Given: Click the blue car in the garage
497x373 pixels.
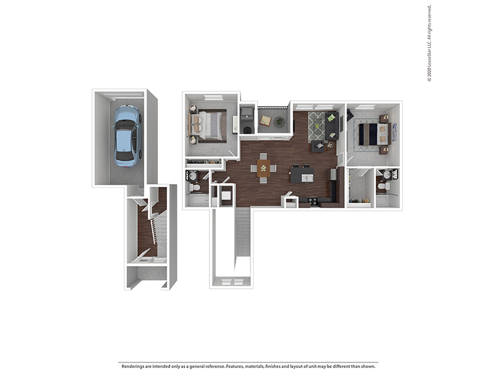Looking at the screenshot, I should [127, 136].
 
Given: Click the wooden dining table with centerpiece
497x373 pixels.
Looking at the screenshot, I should [263, 168].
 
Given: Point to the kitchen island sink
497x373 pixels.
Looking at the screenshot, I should [306, 177].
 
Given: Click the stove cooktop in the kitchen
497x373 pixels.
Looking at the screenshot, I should [312, 201].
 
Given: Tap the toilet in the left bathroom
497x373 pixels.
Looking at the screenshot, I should [194, 186].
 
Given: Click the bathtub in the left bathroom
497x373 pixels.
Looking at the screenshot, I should [199, 201].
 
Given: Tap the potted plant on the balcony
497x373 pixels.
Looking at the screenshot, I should [279, 122].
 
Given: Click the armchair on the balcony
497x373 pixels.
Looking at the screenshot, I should [265, 121].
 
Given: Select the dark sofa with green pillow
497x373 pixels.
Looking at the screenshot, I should [332, 126].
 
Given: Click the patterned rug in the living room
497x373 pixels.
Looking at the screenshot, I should [317, 126].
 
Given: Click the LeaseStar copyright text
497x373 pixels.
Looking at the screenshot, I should [429, 44].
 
